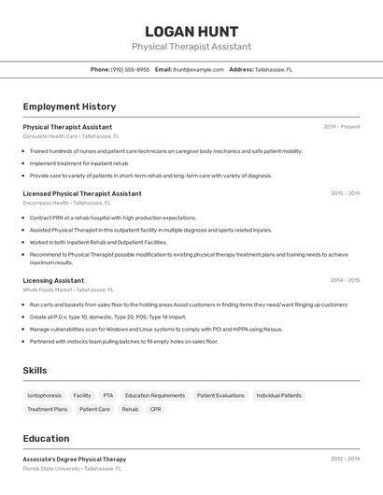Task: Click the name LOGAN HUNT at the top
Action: point(191,32)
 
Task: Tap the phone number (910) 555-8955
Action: point(130,69)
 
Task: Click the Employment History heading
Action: point(69,107)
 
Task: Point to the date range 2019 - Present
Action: point(341,127)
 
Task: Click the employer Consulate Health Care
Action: point(50,136)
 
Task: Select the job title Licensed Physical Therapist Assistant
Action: point(82,194)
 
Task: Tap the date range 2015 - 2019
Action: point(345,193)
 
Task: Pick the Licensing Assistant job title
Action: point(53,280)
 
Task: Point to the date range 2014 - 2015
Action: point(345,280)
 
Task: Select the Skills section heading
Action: point(35,371)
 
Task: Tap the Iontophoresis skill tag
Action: point(45,395)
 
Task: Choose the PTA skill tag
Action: point(108,395)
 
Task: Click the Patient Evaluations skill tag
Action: point(220,395)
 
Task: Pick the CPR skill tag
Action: point(155,409)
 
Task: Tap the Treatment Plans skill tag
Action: point(48,409)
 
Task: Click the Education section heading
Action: point(46,439)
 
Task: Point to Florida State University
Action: point(52,468)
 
